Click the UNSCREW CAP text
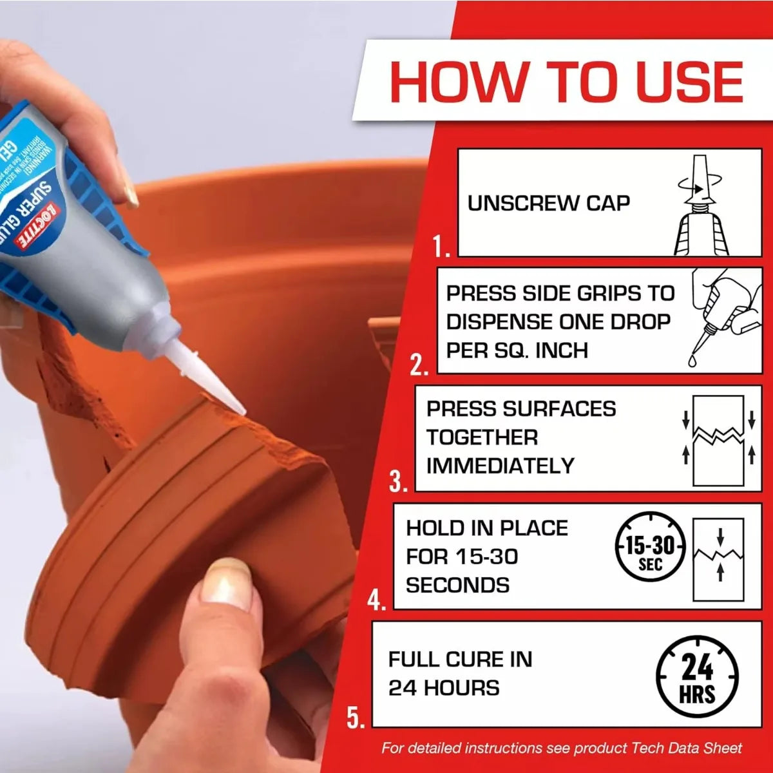click(x=548, y=203)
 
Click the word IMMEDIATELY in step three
click(x=500, y=466)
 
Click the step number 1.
click(x=441, y=247)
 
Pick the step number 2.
click(x=419, y=365)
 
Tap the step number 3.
click(x=398, y=482)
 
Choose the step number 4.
click(x=376, y=601)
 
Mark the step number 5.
click(x=356, y=717)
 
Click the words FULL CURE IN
click(x=460, y=660)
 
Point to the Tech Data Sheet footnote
click(x=561, y=749)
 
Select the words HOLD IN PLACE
click(x=487, y=528)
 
